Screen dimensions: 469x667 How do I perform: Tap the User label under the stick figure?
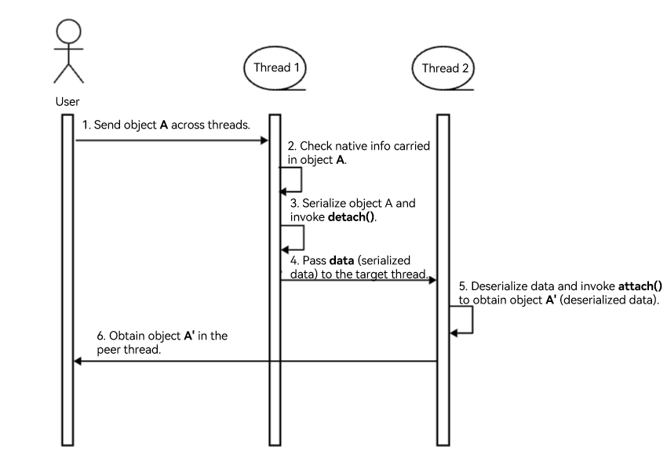[67, 100]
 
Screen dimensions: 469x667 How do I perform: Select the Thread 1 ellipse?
[276, 69]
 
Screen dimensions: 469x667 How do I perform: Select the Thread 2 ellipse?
[445, 69]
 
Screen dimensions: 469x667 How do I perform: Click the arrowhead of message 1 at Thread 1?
[265, 141]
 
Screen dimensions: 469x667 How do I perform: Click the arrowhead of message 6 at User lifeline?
[78, 361]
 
